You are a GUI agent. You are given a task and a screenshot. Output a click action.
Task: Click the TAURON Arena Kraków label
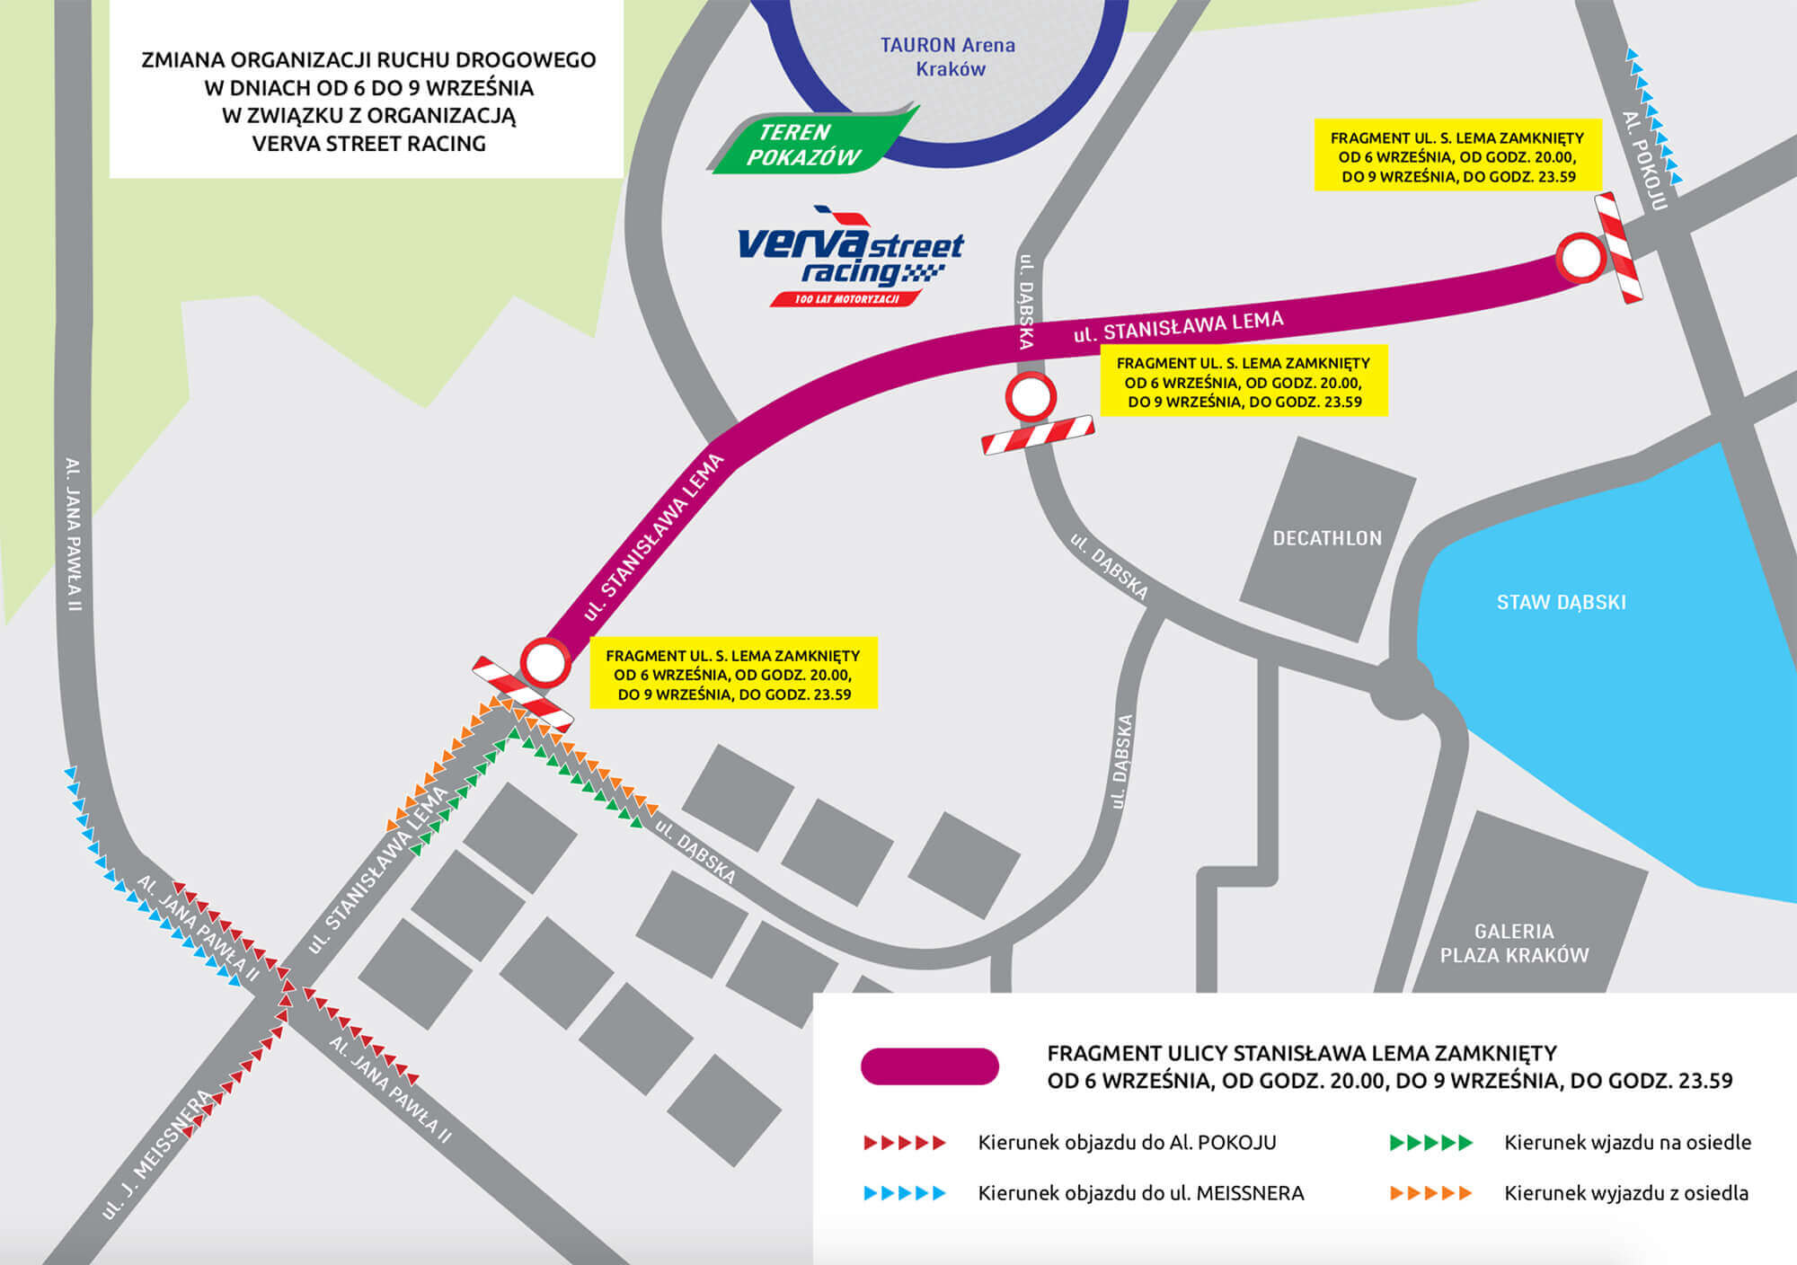(x=948, y=57)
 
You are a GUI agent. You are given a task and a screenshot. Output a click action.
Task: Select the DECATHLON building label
(x=1327, y=538)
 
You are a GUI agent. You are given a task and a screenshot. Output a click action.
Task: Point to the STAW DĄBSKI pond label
(x=1561, y=602)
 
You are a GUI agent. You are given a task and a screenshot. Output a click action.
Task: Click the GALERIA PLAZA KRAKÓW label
(x=1514, y=943)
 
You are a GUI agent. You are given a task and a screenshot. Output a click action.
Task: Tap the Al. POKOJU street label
(x=1645, y=162)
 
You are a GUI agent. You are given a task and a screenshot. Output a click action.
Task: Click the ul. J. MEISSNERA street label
(x=157, y=1154)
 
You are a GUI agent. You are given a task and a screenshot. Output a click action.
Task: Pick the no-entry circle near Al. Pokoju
(x=1580, y=259)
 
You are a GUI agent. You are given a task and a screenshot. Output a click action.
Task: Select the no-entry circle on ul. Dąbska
(x=1030, y=396)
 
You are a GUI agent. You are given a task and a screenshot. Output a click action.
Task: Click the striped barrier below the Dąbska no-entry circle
(x=1038, y=435)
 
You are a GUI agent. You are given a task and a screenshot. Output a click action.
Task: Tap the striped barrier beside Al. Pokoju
(x=1619, y=248)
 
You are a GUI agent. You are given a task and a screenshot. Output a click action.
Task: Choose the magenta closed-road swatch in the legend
(x=930, y=1066)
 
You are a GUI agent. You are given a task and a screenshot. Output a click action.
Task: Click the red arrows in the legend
(x=905, y=1143)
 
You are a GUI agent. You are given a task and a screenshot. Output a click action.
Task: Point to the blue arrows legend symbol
(x=905, y=1193)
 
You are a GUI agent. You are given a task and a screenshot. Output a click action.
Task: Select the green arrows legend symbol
(x=1431, y=1143)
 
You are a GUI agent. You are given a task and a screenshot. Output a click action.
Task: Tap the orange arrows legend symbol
(x=1431, y=1193)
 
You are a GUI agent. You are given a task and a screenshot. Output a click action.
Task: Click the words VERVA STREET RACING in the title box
(x=368, y=144)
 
